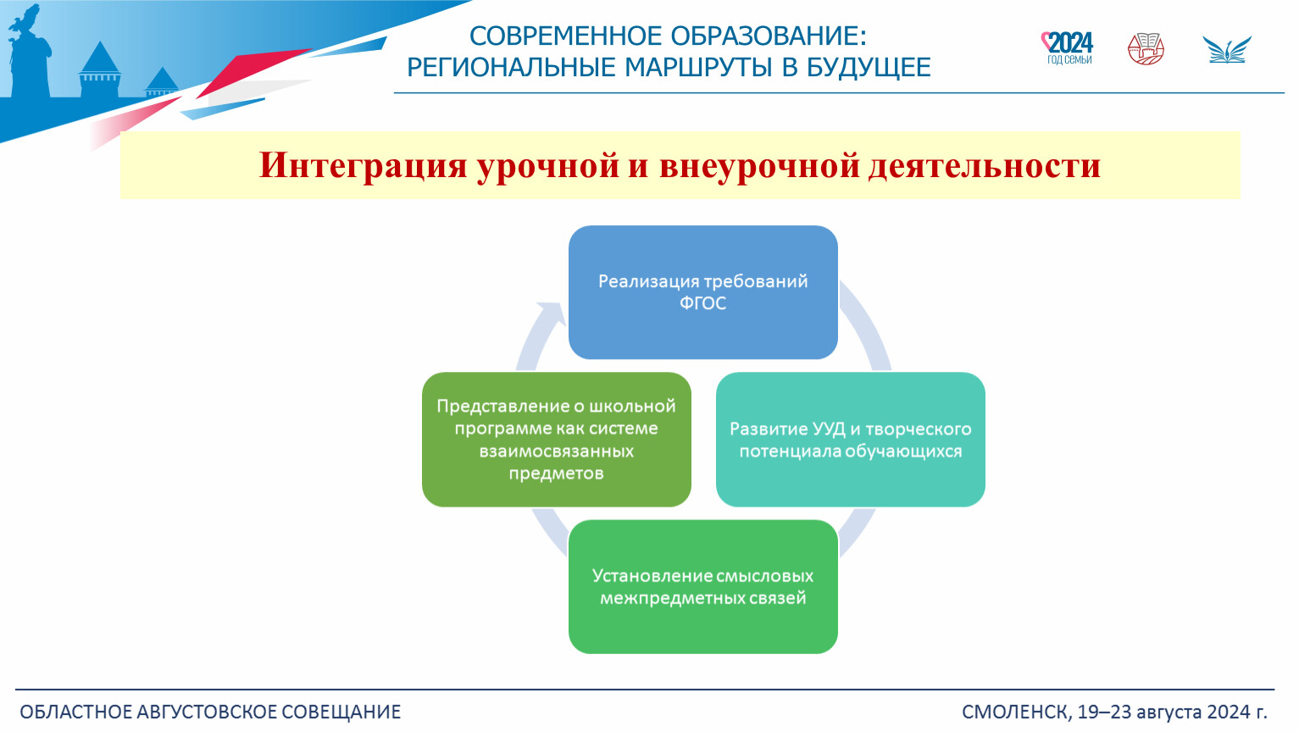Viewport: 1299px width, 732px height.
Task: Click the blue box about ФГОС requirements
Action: coord(702,292)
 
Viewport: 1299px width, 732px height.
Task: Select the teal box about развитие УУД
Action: coord(851,440)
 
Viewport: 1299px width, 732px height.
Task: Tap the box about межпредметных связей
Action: coord(702,587)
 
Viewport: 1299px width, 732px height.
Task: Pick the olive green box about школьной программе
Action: coord(557,440)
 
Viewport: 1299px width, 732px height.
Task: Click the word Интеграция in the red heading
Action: coord(363,166)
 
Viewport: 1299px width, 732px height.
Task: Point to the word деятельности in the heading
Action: coord(985,165)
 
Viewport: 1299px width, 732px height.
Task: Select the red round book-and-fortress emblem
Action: coord(1146,49)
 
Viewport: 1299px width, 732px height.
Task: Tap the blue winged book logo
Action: coord(1227,50)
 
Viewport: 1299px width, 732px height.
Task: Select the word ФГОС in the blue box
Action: coord(702,303)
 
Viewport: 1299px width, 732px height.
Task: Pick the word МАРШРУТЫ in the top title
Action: coord(698,68)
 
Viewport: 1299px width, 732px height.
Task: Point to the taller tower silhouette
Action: coord(100,69)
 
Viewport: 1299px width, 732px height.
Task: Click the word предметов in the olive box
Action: coord(557,474)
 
